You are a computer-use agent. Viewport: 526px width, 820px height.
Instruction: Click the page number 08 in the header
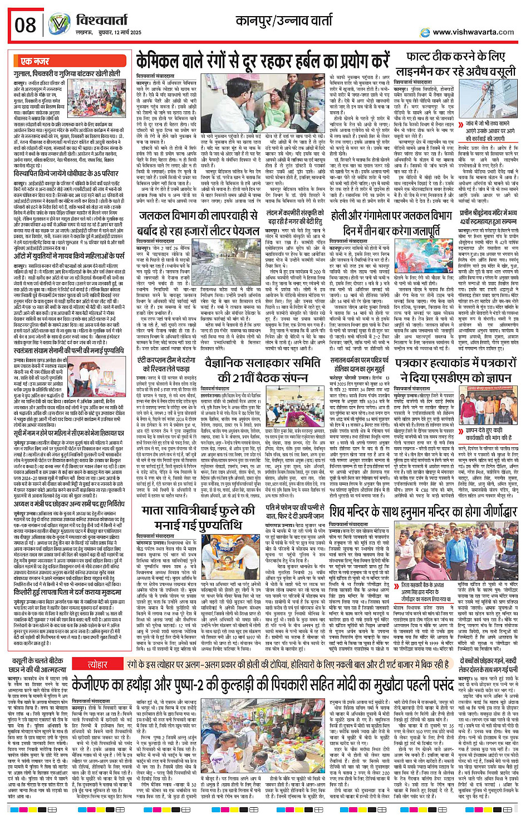pyautogui.click(x=26, y=24)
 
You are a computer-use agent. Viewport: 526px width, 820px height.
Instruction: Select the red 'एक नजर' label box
pyautogui.click(x=35, y=61)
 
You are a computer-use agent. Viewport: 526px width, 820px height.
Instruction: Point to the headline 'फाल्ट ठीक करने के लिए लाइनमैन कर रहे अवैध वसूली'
pyautogui.click(x=455, y=64)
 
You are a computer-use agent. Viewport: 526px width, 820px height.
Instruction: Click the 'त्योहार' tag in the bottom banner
pyautogui.click(x=97, y=664)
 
